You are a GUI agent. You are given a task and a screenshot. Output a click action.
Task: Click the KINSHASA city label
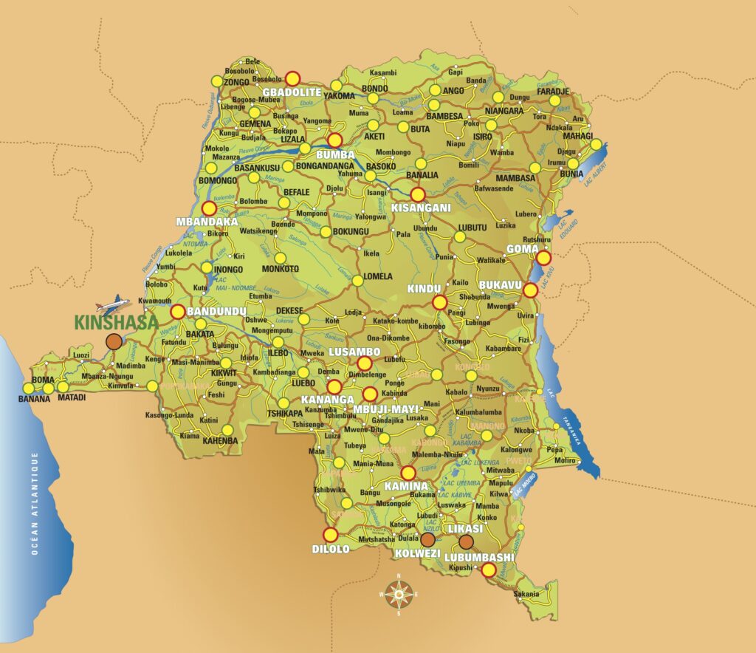point(117,322)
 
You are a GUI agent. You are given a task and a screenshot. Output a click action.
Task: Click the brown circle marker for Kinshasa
point(114,341)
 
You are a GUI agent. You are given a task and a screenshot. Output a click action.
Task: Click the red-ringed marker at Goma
point(543,258)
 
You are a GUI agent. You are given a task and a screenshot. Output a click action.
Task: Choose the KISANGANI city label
point(421,208)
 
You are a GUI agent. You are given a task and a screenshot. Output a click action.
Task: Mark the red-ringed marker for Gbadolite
point(293,78)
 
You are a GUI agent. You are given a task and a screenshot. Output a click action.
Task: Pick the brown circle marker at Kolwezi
point(427,540)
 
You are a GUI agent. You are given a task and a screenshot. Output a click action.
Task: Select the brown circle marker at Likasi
point(466,541)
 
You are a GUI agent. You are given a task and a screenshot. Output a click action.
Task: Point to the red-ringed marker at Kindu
point(440,302)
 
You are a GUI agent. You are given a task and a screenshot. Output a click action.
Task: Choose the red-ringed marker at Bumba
point(335,140)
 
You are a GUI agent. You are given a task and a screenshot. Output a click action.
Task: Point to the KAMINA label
point(406,486)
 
